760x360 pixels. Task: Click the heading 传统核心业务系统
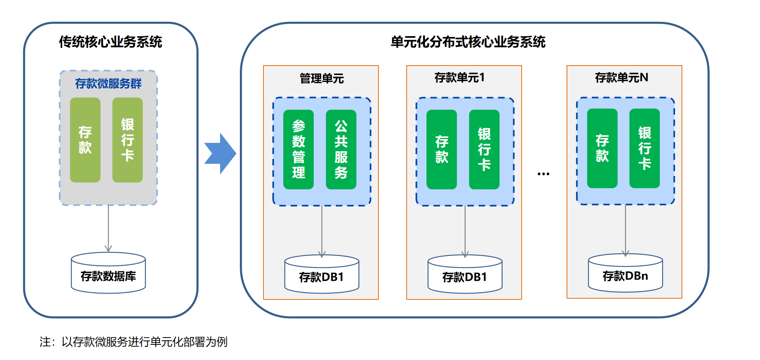coord(110,42)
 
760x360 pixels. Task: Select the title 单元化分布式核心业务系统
coord(468,42)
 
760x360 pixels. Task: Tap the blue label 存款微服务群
coord(108,83)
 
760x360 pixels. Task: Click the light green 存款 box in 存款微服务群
coord(85,140)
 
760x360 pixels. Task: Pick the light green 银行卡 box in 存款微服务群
coord(128,140)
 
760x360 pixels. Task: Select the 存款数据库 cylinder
coord(108,274)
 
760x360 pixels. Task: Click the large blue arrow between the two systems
coord(220,154)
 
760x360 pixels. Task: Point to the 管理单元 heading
coord(322,78)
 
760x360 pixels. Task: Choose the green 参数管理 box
coord(299,149)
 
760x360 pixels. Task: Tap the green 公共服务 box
coord(341,149)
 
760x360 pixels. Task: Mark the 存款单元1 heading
coord(460,78)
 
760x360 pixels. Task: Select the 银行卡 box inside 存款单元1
coord(484,149)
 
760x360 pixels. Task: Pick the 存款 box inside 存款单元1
coord(442,149)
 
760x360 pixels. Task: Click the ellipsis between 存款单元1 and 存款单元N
coord(543,174)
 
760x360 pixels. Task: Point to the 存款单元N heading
coord(621,78)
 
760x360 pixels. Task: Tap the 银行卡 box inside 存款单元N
coord(645,149)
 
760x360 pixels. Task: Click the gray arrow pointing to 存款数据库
coord(108,229)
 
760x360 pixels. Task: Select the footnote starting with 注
coord(134,342)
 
